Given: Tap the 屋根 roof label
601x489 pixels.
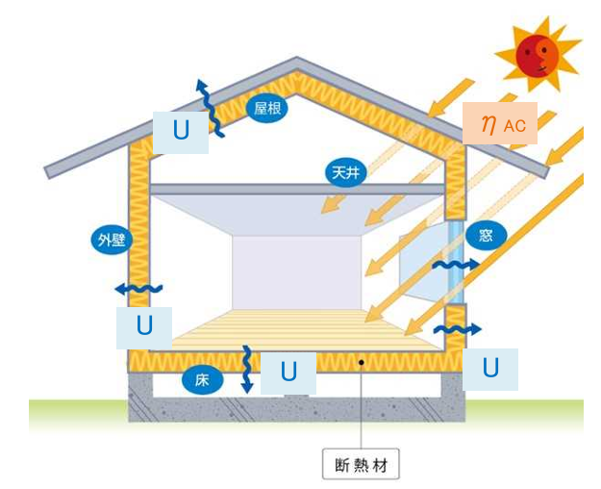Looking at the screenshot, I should [x=266, y=108].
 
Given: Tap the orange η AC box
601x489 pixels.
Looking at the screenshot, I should [x=499, y=122].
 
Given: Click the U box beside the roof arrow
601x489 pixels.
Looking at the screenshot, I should [x=181, y=133].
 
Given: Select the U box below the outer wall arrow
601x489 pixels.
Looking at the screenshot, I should [x=144, y=327].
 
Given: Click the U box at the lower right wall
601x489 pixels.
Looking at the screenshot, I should [x=490, y=368].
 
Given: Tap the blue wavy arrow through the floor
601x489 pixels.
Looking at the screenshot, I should [x=247, y=367].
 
